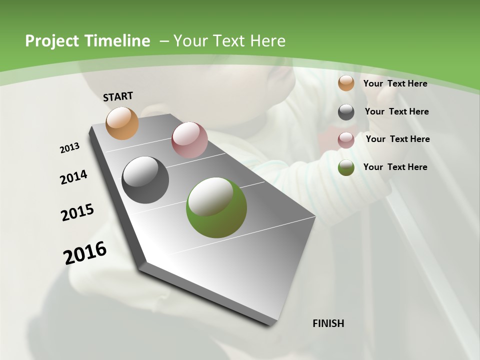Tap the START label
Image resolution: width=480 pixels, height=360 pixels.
[x=118, y=96]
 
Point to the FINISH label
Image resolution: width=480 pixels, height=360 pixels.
[x=328, y=323]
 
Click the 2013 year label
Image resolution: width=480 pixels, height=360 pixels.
[x=69, y=148]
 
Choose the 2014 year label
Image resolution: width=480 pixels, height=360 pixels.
[x=73, y=177]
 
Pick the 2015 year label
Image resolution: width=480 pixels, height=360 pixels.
[x=77, y=212]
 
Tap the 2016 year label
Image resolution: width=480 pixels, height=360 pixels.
[x=85, y=253]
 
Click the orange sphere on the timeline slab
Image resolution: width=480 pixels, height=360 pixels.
[x=122, y=123]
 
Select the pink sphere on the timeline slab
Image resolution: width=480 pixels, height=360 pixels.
[x=189, y=140]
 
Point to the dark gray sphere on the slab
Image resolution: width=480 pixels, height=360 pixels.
[x=145, y=179]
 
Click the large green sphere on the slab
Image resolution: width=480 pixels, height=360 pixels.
[x=216, y=207]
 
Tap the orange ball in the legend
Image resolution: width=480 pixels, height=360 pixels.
[x=346, y=83]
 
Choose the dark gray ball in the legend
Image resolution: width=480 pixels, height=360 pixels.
[x=346, y=112]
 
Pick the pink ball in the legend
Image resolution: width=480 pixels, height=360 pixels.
[x=346, y=140]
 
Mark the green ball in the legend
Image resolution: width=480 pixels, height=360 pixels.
[x=346, y=167]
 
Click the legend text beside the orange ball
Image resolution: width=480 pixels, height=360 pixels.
[x=395, y=83]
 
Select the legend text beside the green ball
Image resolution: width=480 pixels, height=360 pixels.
[x=395, y=167]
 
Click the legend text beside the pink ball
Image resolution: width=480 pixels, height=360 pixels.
[x=397, y=139]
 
